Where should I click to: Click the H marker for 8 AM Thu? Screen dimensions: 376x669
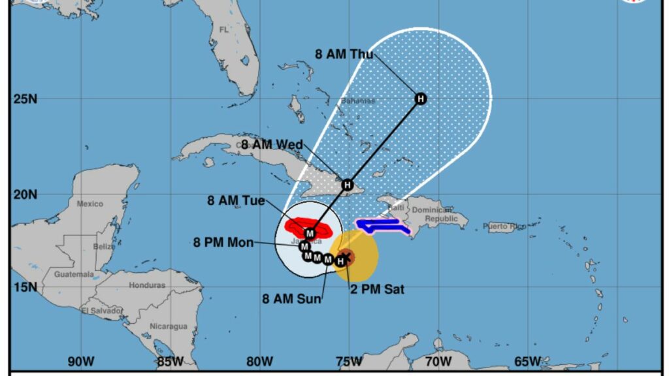click(421, 99)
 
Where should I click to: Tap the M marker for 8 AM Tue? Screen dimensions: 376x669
click(310, 233)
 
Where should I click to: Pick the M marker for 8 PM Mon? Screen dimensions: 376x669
click(304, 247)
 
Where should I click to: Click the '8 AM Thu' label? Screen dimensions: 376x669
click(344, 54)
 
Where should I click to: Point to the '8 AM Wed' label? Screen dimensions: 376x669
click(272, 144)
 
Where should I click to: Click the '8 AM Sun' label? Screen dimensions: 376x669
click(292, 299)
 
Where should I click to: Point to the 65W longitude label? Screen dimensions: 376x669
click(527, 361)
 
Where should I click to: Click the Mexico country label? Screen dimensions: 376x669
click(90, 204)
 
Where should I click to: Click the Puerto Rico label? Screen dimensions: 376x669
click(504, 227)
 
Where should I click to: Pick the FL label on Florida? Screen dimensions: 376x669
click(224, 30)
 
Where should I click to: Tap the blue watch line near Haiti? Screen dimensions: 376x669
click(383, 225)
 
